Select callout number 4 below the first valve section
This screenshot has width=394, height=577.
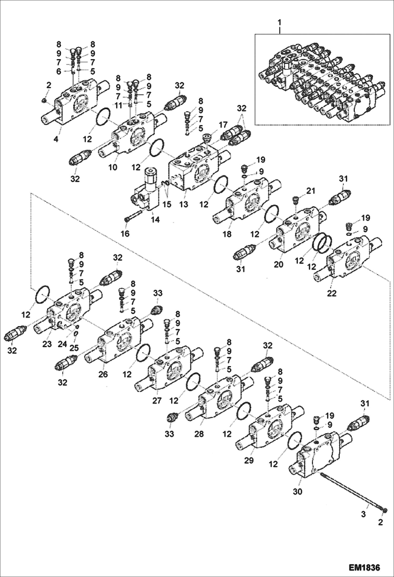pyautogui.click(x=56, y=139)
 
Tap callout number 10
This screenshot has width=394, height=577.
pyautogui.click(x=113, y=167)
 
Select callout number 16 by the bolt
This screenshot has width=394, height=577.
pyautogui.click(x=125, y=233)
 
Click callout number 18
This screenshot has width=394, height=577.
pyautogui.click(x=227, y=234)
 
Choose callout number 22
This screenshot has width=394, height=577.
pyautogui.click(x=331, y=293)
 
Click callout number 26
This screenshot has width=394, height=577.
pyautogui.click(x=103, y=374)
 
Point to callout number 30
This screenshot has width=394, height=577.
pyautogui.click(x=297, y=491)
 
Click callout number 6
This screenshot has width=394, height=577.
pyautogui.click(x=59, y=71)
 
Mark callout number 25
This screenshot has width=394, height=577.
pyautogui.click(x=74, y=348)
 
